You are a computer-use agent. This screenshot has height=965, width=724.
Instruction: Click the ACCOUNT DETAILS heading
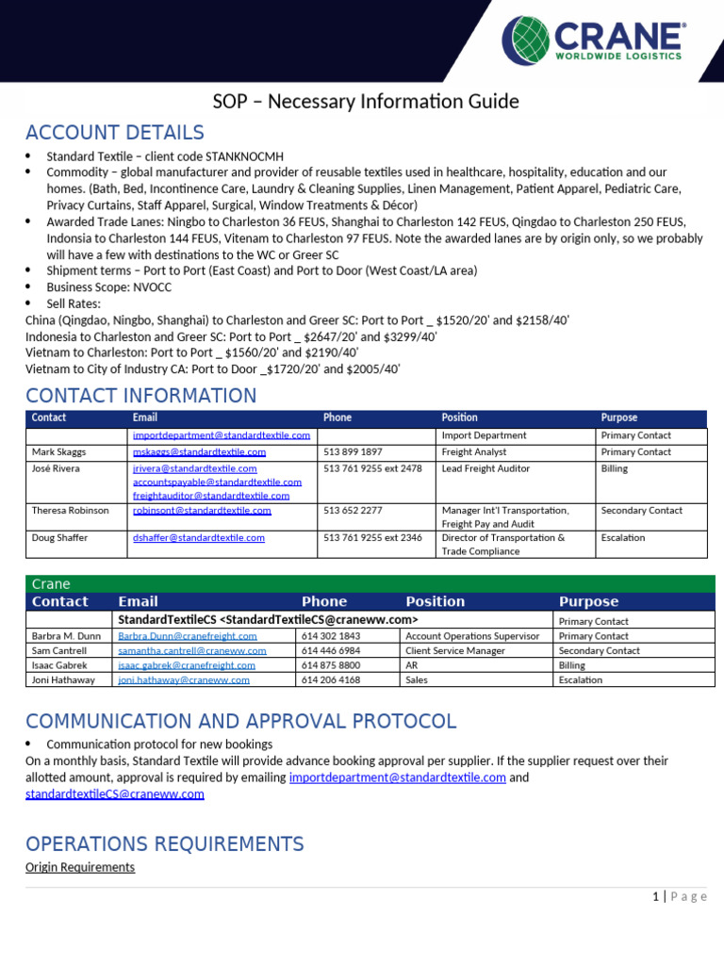pos(115,133)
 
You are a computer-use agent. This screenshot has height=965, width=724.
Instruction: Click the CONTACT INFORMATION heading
pos(140,396)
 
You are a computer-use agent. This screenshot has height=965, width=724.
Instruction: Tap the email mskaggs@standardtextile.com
pos(199,452)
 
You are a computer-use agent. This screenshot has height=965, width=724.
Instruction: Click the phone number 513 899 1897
pos(353,452)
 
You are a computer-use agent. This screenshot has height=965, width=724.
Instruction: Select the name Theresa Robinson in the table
pos(70,511)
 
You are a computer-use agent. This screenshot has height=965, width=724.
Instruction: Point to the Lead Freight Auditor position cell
pos(485,468)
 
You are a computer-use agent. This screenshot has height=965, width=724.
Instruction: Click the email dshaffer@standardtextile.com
pos(199,538)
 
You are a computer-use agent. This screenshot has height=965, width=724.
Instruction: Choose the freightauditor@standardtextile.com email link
pos(211,496)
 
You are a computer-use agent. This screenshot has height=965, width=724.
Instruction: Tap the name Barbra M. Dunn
pos(64,636)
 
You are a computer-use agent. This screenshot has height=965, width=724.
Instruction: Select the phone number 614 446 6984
pos(330,651)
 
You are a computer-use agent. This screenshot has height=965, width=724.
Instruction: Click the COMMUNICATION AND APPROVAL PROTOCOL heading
pos(240,722)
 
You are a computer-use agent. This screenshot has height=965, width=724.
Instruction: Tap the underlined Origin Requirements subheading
pos(80,867)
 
